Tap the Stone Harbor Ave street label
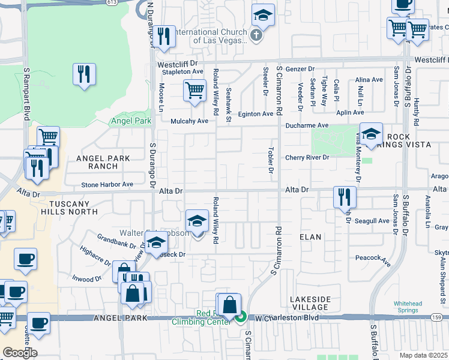tap(107, 185)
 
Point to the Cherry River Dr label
tap(307, 158)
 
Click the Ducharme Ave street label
tap(307, 125)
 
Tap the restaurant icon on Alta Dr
tap(345, 197)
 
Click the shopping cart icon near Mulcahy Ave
tap(194, 91)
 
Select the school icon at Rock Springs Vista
tap(371, 134)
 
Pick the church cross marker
tap(256, 35)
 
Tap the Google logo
tap(20, 352)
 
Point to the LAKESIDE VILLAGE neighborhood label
tap(310, 302)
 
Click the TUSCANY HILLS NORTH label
tap(68, 208)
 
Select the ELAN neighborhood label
tap(310, 237)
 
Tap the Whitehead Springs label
tap(411, 307)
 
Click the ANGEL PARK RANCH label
tap(103, 162)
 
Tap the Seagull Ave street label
tap(372, 221)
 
